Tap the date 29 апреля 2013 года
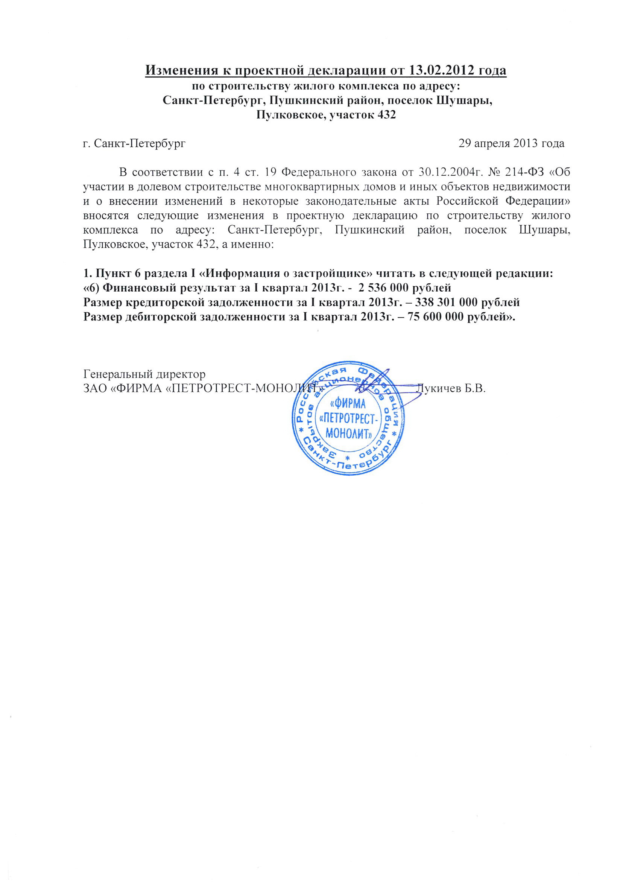[511, 143]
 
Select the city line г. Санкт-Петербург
[134, 143]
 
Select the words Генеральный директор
[144, 374]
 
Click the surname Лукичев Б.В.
[451, 388]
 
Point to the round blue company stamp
[348, 418]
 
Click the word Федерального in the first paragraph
[317, 172]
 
